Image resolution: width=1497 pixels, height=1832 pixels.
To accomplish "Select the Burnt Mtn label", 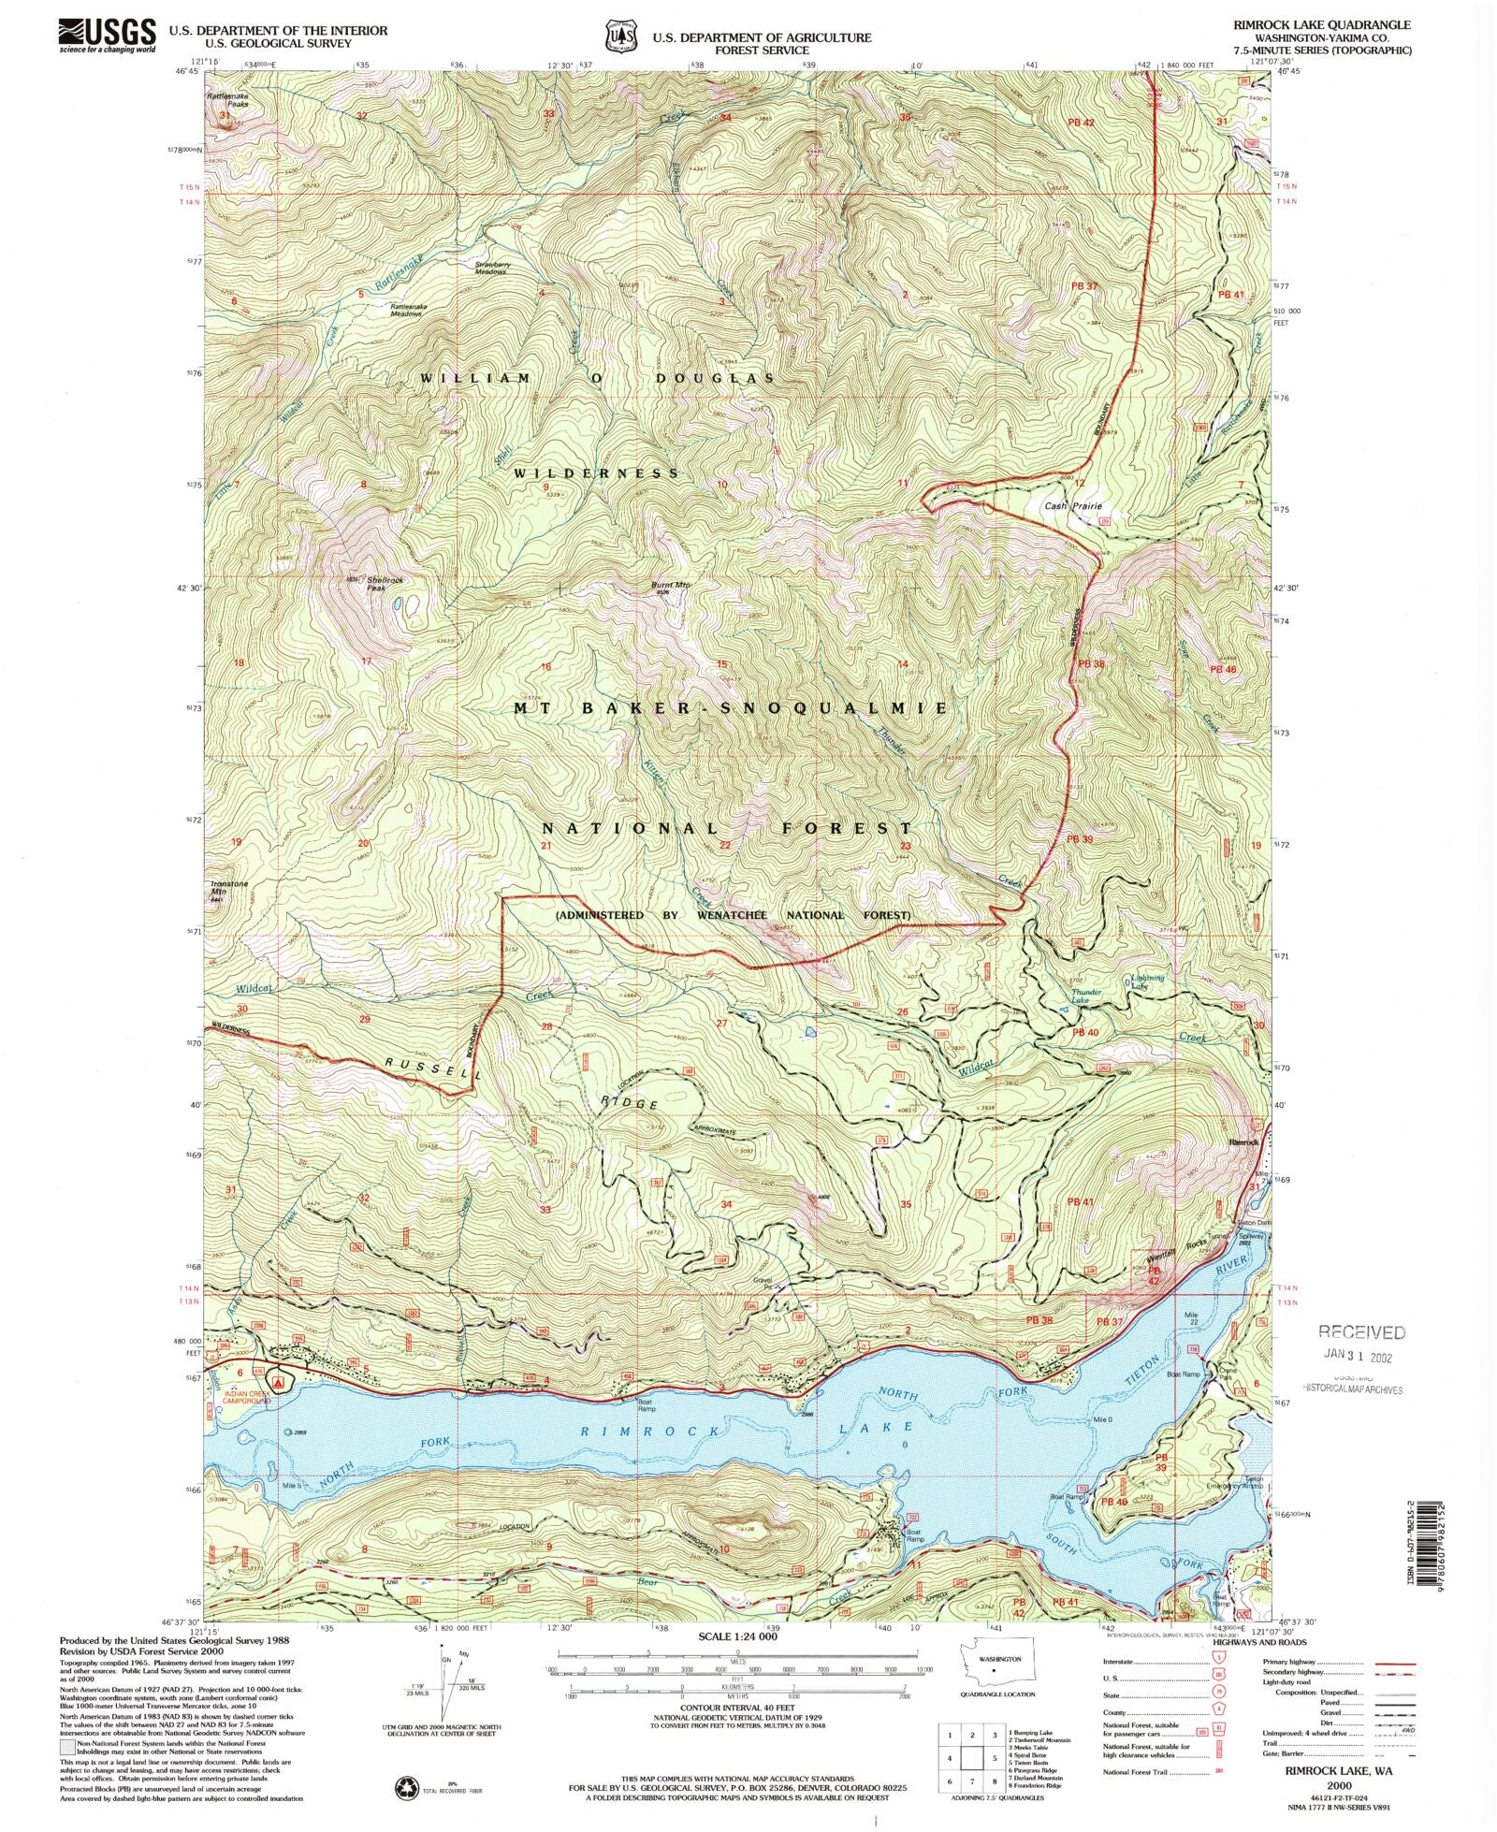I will coord(670,587).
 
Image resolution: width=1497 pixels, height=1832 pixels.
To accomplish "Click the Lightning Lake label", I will coord(1147,981).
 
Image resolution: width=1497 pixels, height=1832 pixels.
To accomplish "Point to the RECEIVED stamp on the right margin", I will coord(1361,1331).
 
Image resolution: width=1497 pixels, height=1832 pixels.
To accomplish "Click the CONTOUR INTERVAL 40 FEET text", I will coord(746,1707).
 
